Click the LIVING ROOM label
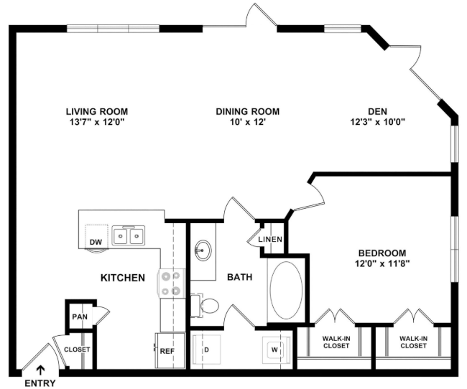[97, 112]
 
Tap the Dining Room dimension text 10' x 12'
[248, 122]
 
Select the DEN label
[378, 112]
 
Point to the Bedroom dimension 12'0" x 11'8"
[382, 263]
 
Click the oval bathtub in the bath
[286, 290]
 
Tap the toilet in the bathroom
[205, 305]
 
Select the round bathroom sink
[203, 250]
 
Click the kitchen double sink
[129, 235]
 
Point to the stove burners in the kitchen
[171, 283]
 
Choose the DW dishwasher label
[96, 243]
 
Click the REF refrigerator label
[167, 351]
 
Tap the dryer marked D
[206, 350]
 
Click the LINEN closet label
[270, 239]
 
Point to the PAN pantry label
[80, 317]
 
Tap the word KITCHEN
[123, 278]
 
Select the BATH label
[240, 277]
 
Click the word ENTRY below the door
[40, 383]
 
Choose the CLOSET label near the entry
[77, 349]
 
